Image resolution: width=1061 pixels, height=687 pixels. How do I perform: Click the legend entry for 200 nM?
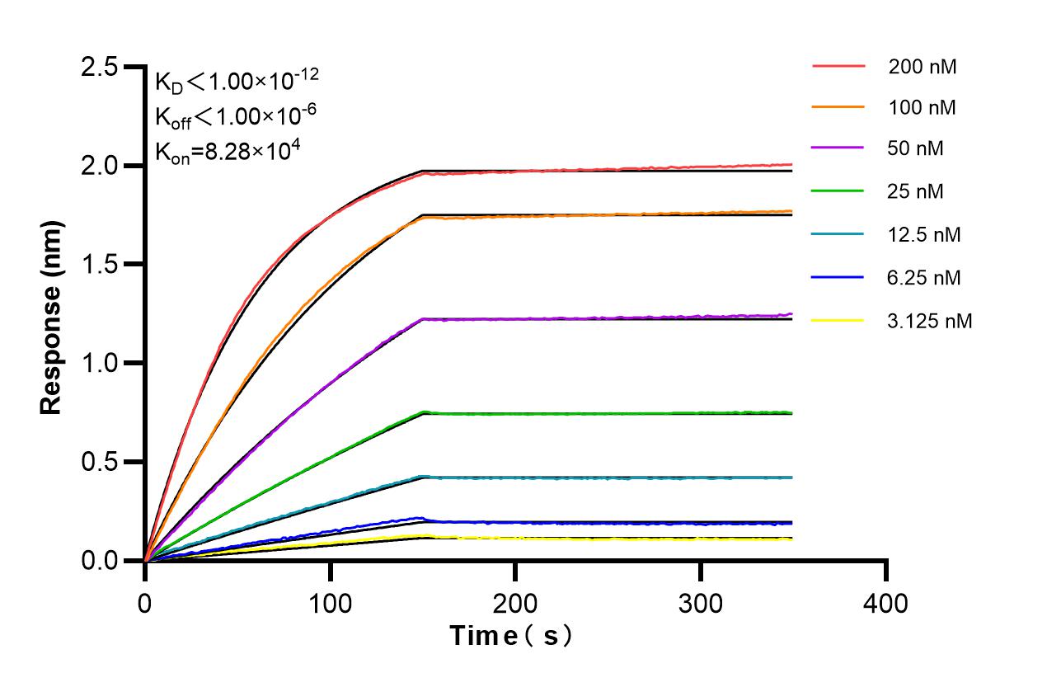point(922,68)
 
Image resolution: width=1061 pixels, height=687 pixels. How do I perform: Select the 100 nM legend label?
point(922,108)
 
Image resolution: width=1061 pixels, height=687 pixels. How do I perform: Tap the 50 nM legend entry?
point(916,149)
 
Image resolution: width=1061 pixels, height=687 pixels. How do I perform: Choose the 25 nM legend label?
point(916,192)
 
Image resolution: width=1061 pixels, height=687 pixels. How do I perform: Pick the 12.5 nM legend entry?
point(924,235)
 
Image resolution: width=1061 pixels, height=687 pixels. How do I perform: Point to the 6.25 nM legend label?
point(924,278)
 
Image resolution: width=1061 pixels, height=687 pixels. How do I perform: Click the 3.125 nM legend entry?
point(930,321)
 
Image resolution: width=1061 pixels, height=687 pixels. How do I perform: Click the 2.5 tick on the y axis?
point(100,68)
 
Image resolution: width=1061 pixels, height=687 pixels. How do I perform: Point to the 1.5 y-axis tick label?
point(100,265)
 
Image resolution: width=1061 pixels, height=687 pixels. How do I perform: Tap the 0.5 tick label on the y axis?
point(100,462)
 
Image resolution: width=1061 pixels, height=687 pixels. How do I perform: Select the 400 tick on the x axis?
point(886,604)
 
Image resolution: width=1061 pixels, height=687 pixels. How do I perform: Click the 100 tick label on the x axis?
point(330,604)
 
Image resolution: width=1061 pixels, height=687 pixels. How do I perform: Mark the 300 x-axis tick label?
point(701,604)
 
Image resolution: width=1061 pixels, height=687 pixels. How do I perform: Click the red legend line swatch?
point(838,67)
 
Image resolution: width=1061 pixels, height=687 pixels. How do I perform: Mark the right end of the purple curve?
point(791,314)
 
